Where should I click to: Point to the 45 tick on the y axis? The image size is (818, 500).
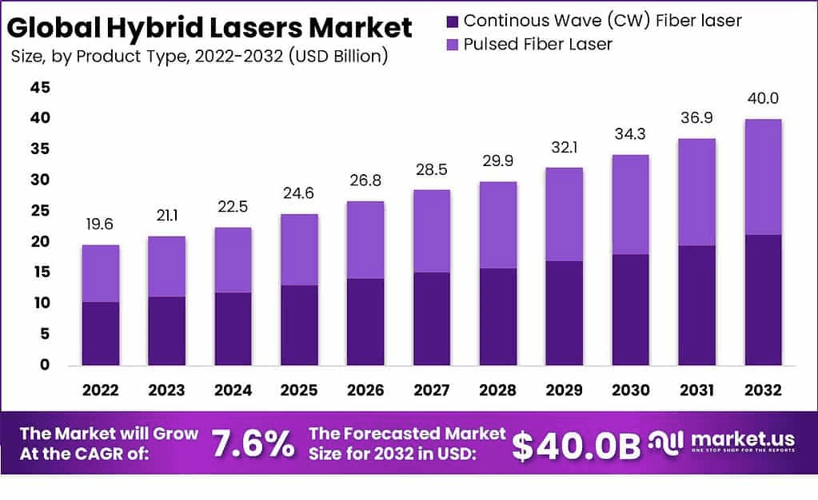tap(40, 87)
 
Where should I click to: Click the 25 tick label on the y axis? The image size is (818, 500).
tap(40, 211)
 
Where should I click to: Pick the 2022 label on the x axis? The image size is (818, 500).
tap(100, 390)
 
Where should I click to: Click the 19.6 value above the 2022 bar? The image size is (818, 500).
tap(100, 226)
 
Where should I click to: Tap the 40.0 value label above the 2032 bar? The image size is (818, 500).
tap(763, 99)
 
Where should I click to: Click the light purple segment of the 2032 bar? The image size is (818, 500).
tap(763, 177)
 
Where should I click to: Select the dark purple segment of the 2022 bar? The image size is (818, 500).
tap(100, 333)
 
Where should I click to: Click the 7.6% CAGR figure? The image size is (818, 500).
tap(253, 445)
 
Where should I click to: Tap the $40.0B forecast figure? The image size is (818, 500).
tap(576, 446)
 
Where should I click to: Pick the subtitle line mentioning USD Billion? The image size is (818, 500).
tap(200, 56)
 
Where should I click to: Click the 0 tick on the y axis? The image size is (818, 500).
tap(45, 365)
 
